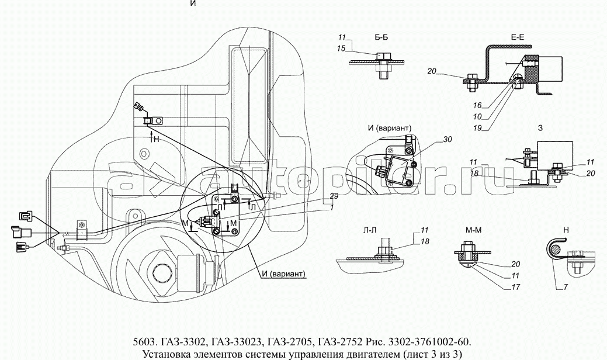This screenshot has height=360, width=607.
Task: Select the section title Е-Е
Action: [518, 37]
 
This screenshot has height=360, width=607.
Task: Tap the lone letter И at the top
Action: [193, 4]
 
